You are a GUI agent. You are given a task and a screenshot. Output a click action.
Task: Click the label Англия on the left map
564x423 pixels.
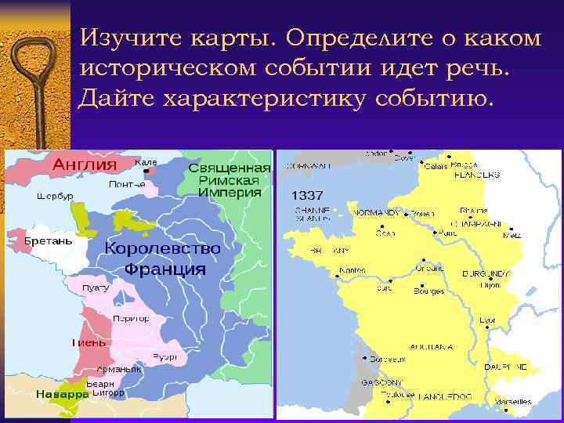click(x=85, y=164)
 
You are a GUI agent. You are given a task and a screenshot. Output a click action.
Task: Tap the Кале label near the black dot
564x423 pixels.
click(x=146, y=162)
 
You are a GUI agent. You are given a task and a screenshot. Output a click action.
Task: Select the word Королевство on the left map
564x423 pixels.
click(x=162, y=248)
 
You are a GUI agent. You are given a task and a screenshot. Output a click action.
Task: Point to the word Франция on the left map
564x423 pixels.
click(x=164, y=269)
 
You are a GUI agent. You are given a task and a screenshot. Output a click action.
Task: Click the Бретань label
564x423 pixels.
click(x=49, y=240)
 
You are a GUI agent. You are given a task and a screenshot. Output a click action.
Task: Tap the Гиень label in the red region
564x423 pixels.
click(x=89, y=342)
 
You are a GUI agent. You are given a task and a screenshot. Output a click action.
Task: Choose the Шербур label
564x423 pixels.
click(x=50, y=196)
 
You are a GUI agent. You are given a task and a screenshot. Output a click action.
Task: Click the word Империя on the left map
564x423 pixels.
click(x=229, y=192)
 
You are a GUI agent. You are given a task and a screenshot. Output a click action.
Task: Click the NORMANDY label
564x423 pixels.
click(x=377, y=212)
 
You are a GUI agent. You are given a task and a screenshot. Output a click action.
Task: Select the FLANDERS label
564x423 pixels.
click(x=477, y=175)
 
